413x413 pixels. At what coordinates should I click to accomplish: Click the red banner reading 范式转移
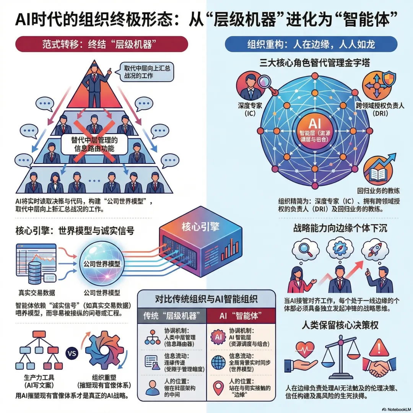(x=101, y=44)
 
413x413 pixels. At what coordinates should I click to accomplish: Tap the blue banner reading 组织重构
(x=311, y=44)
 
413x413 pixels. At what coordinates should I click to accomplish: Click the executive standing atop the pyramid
(x=93, y=86)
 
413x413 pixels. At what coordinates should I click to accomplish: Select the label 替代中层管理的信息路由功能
(x=94, y=144)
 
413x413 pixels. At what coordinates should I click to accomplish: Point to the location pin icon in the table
(x=218, y=388)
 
